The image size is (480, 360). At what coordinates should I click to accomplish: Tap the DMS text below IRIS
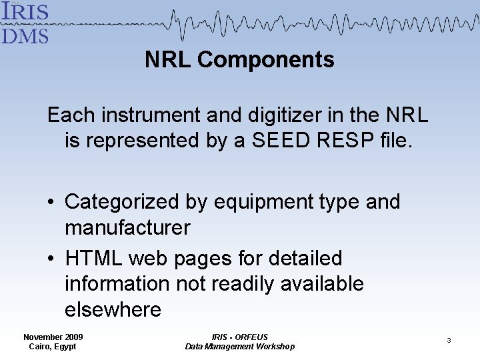pyautogui.click(x=25, y=35)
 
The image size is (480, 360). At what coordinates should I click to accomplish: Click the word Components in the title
pyautogui.click(x=265, y=60)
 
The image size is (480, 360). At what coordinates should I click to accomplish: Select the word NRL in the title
pyautogui.click(x=168, y=60)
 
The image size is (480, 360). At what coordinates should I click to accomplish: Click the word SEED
pyautogui.click(x=274, y=141)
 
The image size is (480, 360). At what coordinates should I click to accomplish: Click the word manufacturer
pyautogui.click(x=127, y=227)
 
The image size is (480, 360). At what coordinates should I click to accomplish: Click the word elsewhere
pyautogui.click(x=113, y=309)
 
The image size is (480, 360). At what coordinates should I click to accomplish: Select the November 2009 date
pyautogui.click(x=53, y=337)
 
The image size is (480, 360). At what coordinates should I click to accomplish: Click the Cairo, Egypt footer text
pyautogui.click(x=53, y=347)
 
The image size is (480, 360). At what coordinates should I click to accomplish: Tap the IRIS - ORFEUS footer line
pyautogui.click(x=239, y=337)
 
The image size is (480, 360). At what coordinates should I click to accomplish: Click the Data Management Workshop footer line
pyautogui.click(x=239, y=347)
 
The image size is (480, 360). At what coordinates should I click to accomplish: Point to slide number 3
pyautogui.click(x=449, y=341)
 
